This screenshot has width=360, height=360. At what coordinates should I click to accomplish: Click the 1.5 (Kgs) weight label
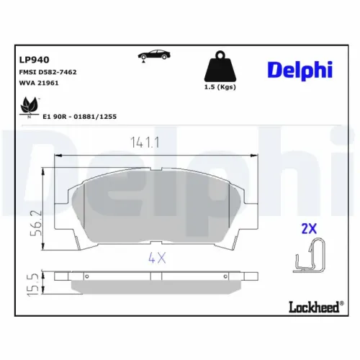pos(219,86)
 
